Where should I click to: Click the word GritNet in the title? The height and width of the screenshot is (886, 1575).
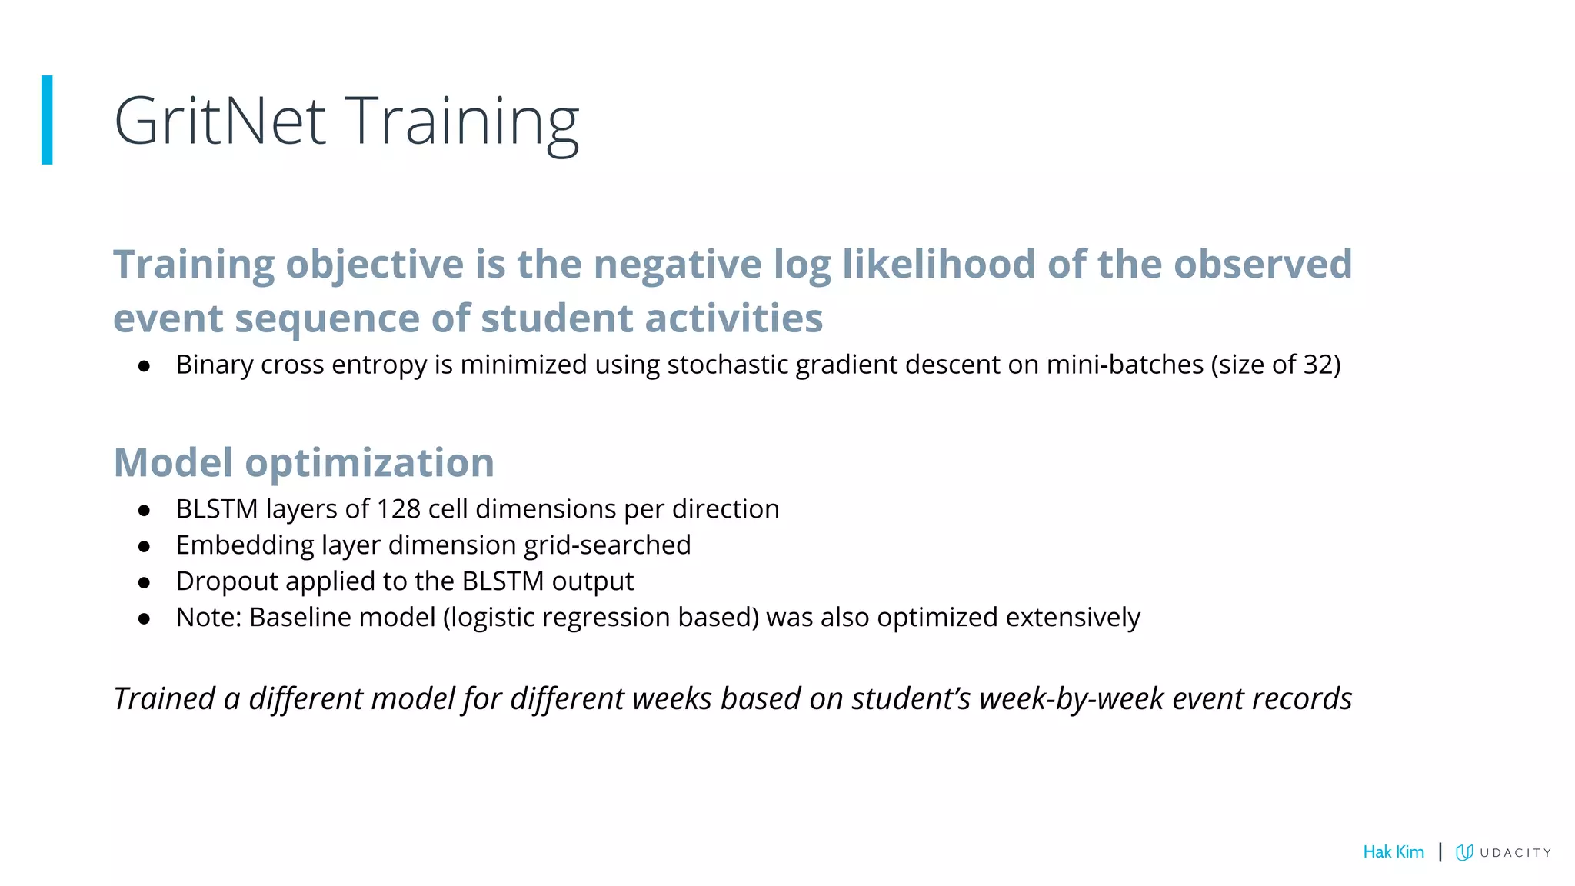click(220, 122)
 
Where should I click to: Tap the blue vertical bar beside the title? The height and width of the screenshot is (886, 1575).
click(47, 120)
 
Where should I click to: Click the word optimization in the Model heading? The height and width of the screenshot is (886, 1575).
click(369, 463)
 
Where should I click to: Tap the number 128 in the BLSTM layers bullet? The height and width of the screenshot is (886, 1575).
click(398, 509)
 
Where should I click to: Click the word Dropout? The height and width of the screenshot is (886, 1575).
click(227, 581)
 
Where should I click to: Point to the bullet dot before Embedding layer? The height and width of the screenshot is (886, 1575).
click(144, 547)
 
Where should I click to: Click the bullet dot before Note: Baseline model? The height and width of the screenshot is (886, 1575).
click(144, 618)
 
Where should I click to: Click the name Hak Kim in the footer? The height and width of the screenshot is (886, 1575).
click(1393, 852)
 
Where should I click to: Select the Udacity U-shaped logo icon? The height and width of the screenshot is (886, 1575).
click(1464, 852)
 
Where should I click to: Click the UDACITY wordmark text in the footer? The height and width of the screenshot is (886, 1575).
click(1515, 853)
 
